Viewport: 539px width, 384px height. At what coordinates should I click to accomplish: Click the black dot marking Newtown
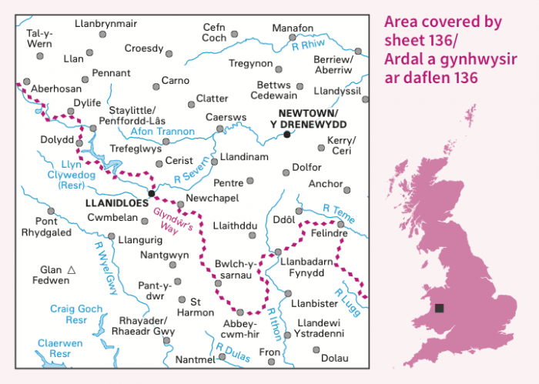pos(286,134)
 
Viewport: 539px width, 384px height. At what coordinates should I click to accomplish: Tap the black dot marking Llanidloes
pos(151,193)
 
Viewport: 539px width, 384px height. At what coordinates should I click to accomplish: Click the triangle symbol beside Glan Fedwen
pos(72,270)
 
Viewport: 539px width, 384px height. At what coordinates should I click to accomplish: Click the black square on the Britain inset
pos(439,308)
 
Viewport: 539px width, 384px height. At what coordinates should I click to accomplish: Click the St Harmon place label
pos(197,306)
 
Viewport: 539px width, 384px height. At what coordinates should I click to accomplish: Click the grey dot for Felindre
pos(340,224)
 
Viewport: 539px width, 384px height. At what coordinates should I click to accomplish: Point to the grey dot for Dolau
pos(316,349)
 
